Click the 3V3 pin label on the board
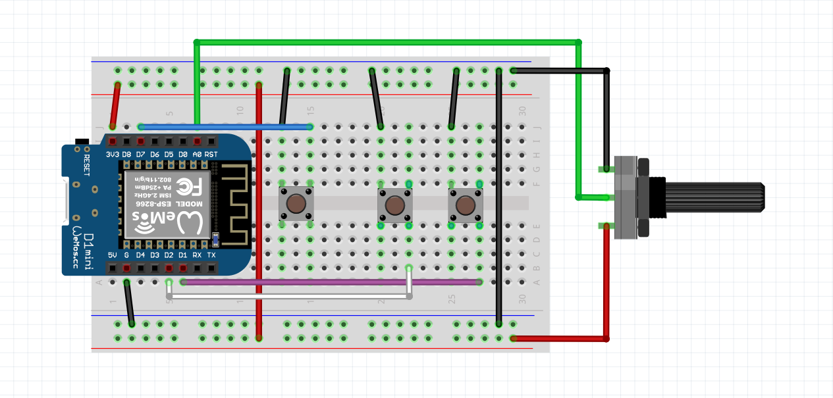pos(113,155)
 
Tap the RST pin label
pos(211,155)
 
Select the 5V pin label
pos(112,255)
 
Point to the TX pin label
pos(211,255)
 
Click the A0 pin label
pos(197,155)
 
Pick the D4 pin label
pos(140,255)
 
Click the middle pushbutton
pos(394,205)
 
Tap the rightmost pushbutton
pos(466,205)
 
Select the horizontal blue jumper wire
pos(224,126)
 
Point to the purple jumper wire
pos(329,282)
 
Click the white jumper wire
pos(290,297)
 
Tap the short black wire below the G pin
pos(129,303)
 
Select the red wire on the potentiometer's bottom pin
pos(606,283)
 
